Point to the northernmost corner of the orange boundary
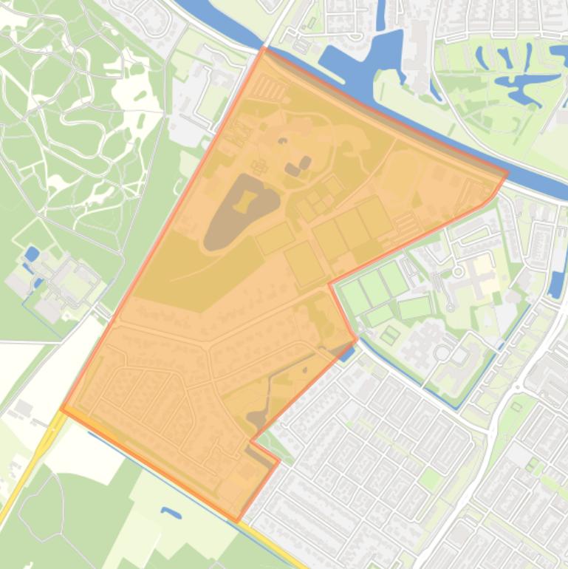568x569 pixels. click(264, 48)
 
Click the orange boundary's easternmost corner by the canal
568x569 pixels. click(507, 174)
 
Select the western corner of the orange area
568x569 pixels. click(62, 408)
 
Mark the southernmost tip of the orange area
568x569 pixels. click(238, 521)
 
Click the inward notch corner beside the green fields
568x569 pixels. click(330, 284)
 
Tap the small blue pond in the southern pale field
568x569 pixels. click(171, 512)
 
